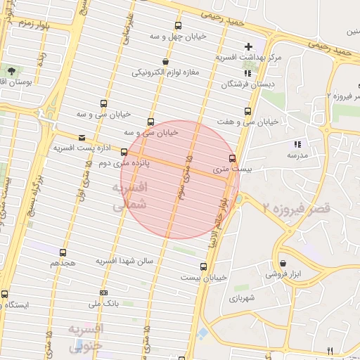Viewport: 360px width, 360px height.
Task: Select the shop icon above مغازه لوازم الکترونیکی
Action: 165,61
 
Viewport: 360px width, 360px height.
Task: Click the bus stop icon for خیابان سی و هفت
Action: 247,111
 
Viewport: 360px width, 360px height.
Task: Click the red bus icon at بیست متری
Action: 233,158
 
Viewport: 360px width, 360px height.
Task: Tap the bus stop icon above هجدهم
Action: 63,252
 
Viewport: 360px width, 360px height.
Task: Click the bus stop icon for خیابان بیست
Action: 203,266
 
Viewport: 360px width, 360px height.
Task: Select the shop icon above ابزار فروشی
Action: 283,262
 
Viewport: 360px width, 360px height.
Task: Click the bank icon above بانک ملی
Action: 104,293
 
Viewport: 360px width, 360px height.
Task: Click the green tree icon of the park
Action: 12,70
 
